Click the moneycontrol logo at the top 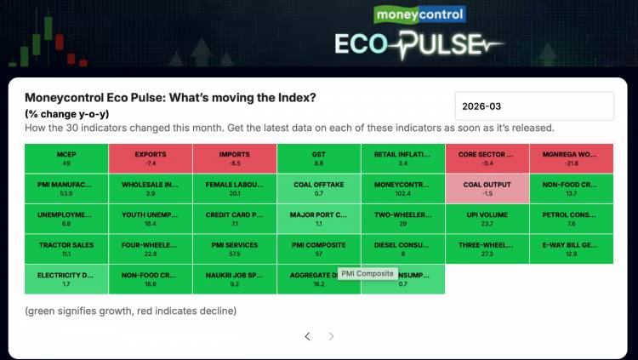click(x=419, y=14)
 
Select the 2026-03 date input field click(x=534, y=106)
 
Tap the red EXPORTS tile click(x=150, y=158)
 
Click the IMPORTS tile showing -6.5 click(x=234, y=158)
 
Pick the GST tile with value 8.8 click(x=318, y=158)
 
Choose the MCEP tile click(x=66, y=158)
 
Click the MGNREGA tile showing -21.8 click(x=571, y=158)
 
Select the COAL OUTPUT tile click(x=487, y=188)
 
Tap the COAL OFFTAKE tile click(x=318, y=188)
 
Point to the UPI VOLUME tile click(x=487, y=219)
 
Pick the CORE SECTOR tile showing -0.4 click(x=487, y=158)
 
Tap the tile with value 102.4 click(x=402, y=188)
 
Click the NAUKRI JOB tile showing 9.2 click(x=234, y=279)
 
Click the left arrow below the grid click(x=308, y=336)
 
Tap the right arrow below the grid click(x=332, y=336)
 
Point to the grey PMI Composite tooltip click(x=367, y=273)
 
